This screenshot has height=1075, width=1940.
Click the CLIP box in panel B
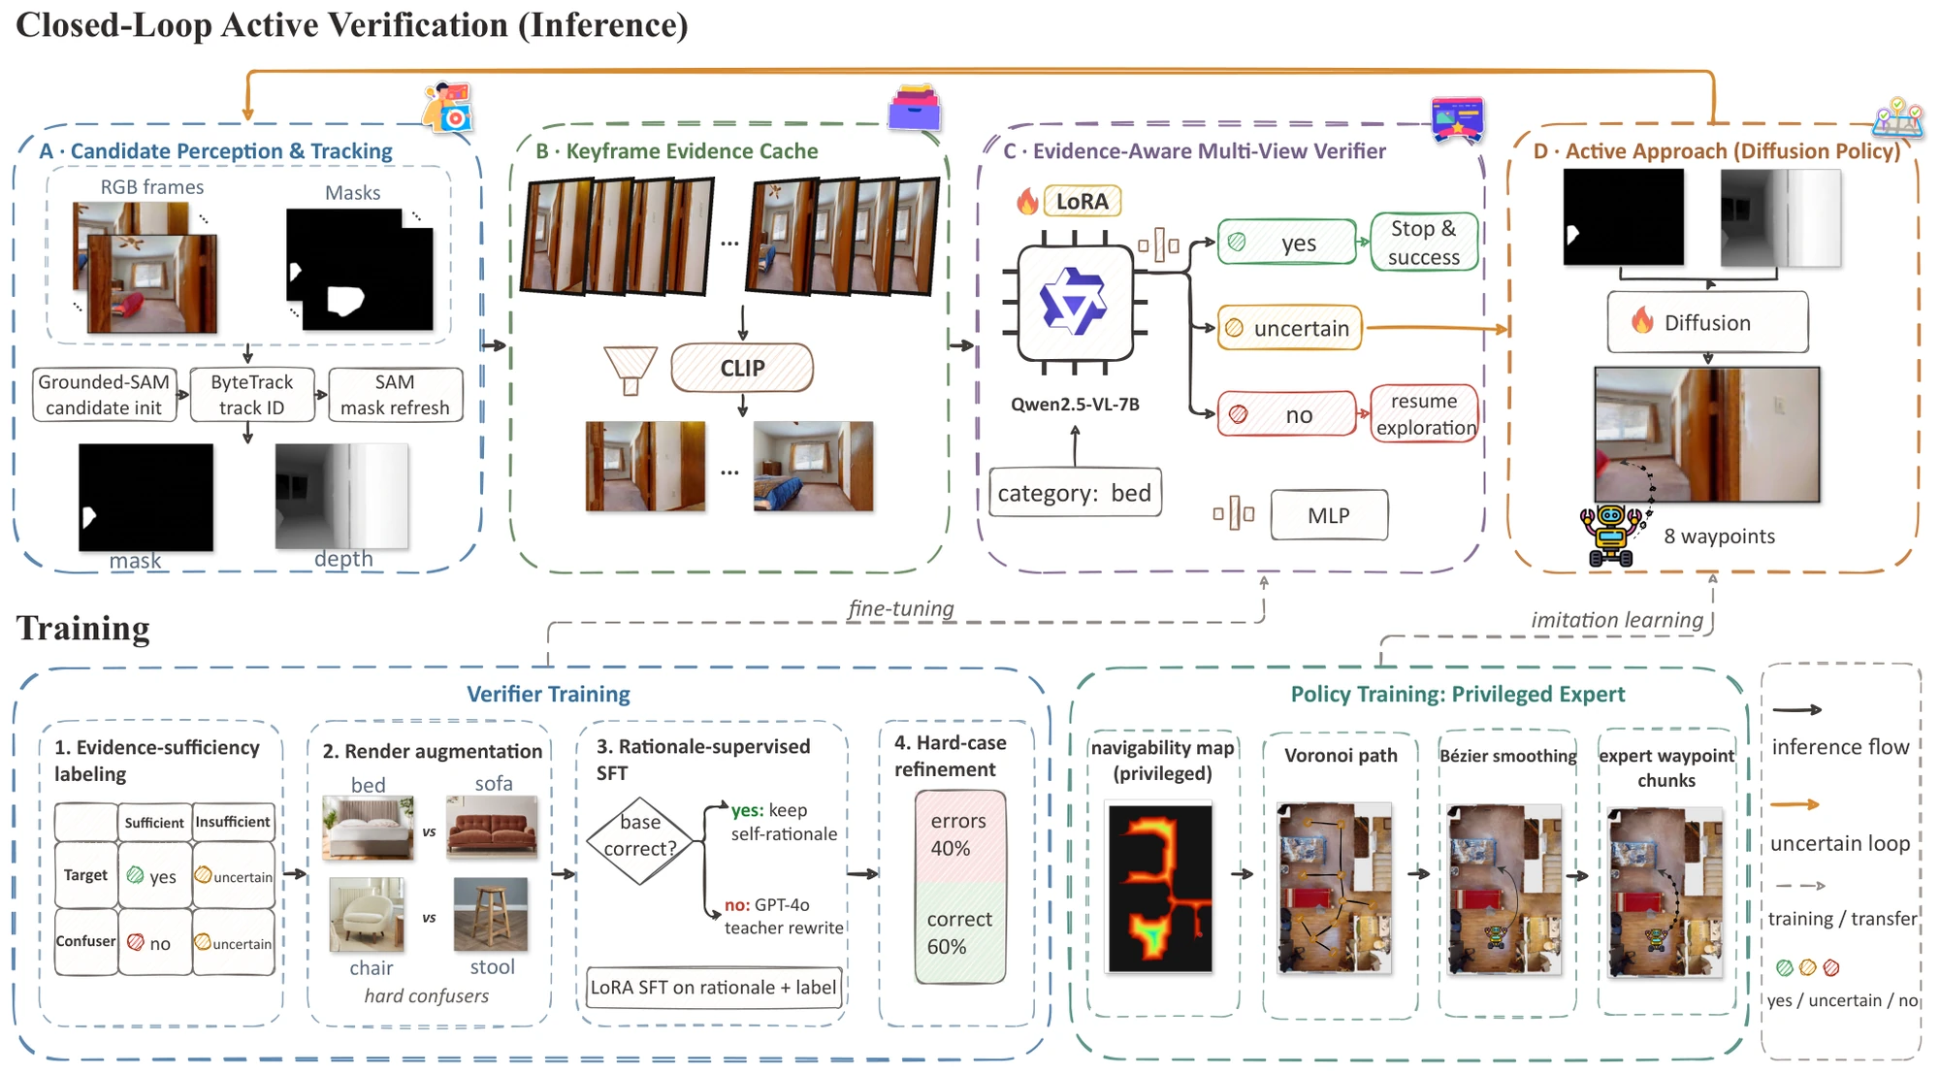pos(742,368)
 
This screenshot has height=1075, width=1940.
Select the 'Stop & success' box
pos(1424,243)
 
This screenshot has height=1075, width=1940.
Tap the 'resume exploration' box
pos(1425,414)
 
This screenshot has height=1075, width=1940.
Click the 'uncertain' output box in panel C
pos(1290,328)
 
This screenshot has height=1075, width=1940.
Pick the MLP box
pos(1329,515)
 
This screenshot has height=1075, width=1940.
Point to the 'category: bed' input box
pos(1075,493)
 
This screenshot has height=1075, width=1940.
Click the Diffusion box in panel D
pos(1708,322)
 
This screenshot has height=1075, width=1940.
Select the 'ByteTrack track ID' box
pos(252,395)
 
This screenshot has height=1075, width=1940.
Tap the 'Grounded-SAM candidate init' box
pos(105,395)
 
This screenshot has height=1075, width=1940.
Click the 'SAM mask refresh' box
pos(395,395)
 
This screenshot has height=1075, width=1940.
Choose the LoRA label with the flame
pos(1069,201)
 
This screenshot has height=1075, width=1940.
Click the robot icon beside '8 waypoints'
pos(1612,534)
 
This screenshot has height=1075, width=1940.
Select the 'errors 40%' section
pos(959,834)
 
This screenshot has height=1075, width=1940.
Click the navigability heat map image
pos(1160,888)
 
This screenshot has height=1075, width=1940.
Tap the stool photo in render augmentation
pos(491,914)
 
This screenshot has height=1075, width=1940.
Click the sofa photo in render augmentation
pos(493,827)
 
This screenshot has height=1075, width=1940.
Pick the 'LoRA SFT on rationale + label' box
pos(714,988)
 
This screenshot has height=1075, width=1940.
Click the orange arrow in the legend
pos(1794,804)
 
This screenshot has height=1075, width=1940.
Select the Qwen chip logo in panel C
pos(1075,302)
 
